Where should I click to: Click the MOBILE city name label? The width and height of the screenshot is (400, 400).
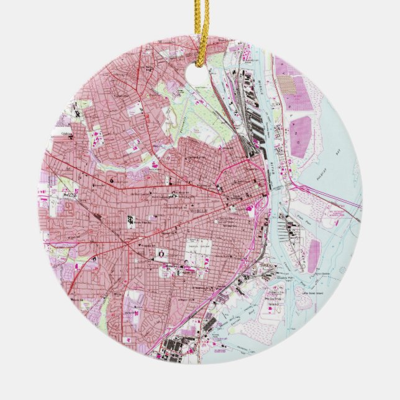pyautogui.click(x=199, y=211)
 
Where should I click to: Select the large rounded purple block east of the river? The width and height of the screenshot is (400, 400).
pyautogui.click(x=301, y=136)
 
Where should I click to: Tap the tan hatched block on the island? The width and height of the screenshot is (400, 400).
pyautogui.click(x=286, y=84)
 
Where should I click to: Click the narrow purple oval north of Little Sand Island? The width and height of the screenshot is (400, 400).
pyautogui.click(x=314, y=255)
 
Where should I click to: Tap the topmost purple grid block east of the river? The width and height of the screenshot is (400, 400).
pyautogui.click(x=284, y=65)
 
